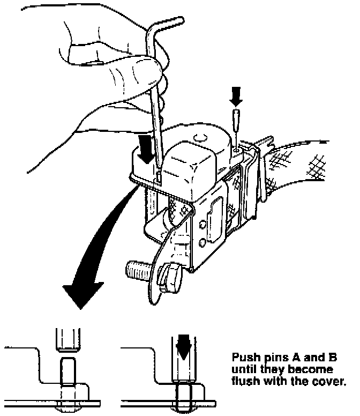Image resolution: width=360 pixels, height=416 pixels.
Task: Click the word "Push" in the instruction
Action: click(x=243, y=358)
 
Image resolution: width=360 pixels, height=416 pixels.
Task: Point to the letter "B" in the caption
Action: click(x=333, y=358)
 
